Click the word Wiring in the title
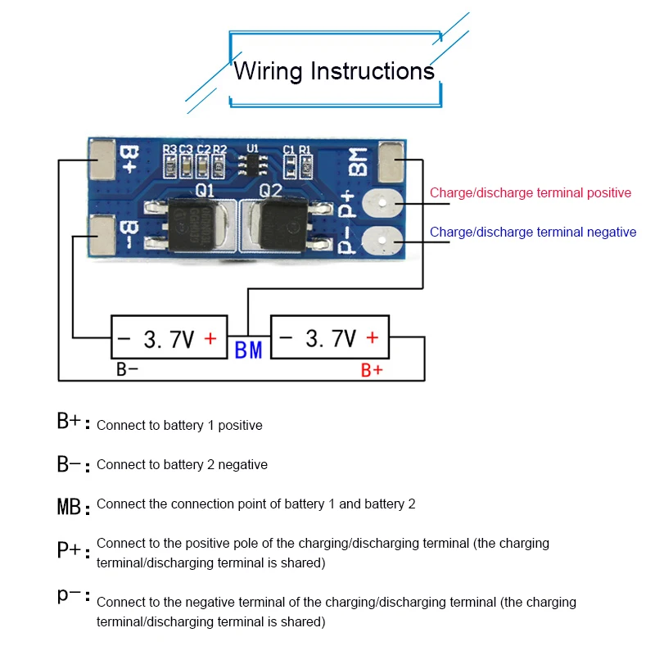click(269, 71)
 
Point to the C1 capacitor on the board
click(289, 168)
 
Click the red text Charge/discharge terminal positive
click(531, 193)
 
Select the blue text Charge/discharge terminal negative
click(533, 233)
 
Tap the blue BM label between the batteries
click(248, 350)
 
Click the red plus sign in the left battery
click(210, 338)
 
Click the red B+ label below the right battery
click(372, 370)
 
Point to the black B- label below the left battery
click(127, 369)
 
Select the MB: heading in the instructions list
click(74, 505)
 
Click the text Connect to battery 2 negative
click(182, 465)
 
